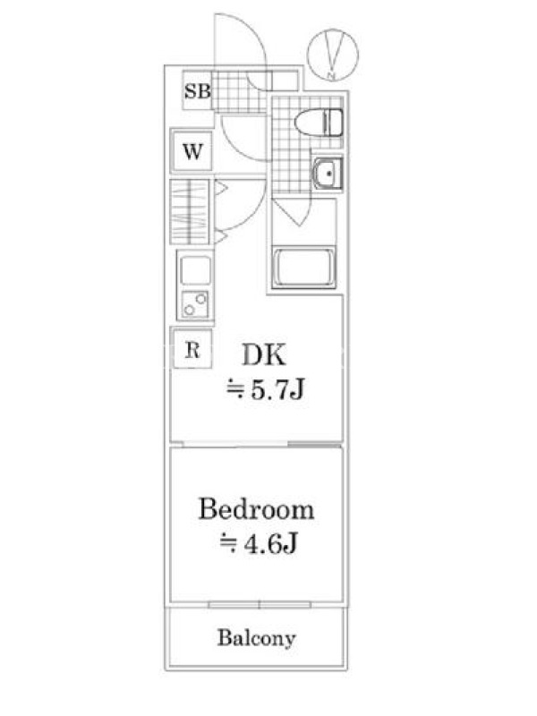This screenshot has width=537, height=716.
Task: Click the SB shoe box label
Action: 197,91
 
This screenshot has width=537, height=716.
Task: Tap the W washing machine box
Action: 192,150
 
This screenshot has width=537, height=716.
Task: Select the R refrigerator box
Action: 192,349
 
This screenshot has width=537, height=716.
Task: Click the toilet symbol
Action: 319,123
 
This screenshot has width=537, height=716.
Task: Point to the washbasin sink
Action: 328,173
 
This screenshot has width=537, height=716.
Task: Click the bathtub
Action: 303,268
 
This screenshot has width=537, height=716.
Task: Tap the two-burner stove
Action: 195,304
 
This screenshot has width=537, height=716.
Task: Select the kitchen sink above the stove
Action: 195,271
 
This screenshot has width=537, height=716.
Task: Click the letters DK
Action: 264,354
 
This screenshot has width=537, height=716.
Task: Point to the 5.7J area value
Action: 277,389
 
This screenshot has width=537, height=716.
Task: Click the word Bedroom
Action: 256,509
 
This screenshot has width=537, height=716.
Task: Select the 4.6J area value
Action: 271,543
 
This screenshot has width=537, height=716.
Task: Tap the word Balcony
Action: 256,638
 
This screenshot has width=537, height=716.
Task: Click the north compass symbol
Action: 332,55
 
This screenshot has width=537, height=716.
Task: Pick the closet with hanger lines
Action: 190,212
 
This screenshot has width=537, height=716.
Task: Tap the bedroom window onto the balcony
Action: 260,605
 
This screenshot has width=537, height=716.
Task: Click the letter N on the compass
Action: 332,76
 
